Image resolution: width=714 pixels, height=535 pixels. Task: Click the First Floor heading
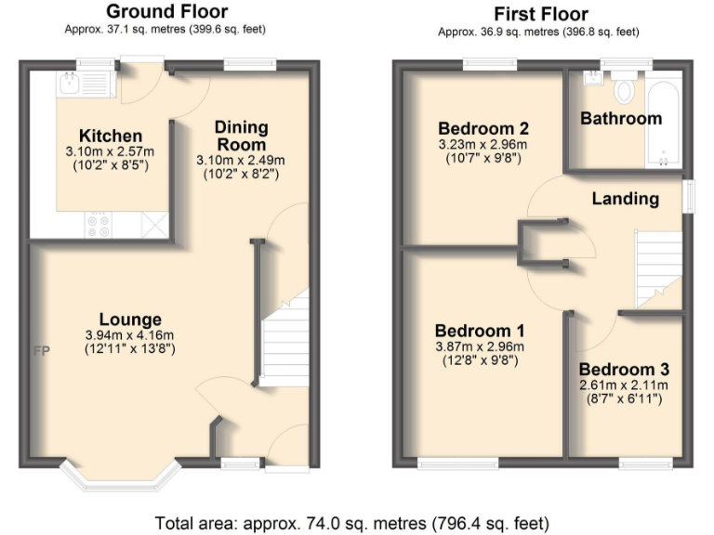(x=539, y=14)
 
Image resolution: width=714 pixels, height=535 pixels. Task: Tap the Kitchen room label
(x=110, y=137)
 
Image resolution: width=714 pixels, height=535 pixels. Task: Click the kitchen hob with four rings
(x=98, y=224)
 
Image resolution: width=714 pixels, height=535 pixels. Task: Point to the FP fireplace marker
(x=41, y=352)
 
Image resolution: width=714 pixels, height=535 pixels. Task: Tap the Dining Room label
(x=241, y=136)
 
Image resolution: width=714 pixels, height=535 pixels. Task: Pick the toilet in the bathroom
(x=623, y=90)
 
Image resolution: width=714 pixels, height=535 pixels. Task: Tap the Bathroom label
(x=621, y=118)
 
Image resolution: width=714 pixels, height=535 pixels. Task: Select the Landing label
(x=625, y=198)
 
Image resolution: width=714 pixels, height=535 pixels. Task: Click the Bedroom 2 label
(x=483, y=129)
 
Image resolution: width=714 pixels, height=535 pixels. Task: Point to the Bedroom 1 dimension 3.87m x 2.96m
(x=481, y=347)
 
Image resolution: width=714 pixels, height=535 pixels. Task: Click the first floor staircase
(x=657, y=269)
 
